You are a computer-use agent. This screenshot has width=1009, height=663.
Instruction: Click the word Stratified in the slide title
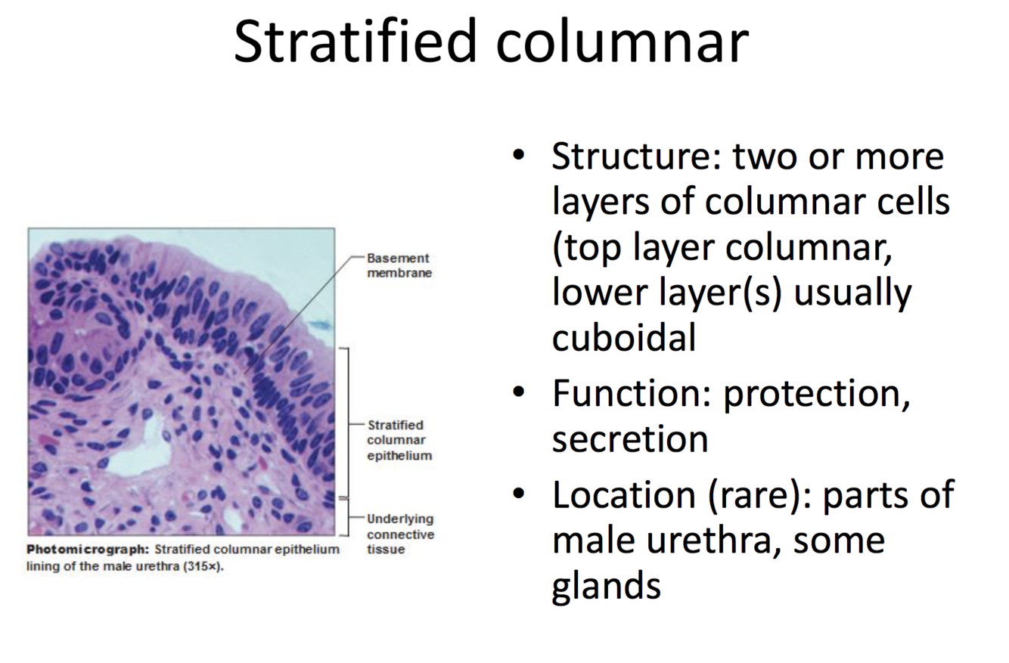coord(355,41)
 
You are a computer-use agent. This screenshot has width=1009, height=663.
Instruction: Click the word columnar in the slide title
coord(622,42)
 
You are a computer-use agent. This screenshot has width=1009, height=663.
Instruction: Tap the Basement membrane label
coord(399,265)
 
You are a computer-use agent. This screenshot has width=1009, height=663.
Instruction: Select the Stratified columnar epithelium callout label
coord(399,440)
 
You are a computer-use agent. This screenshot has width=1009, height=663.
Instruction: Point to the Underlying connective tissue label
coord(400,534)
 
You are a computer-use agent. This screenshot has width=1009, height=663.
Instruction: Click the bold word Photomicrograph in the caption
coord(88,549)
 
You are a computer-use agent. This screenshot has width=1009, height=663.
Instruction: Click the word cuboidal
coord(624,337)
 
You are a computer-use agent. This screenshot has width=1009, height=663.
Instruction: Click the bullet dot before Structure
coord(518,155)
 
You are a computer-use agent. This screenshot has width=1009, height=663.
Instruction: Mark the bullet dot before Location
coord(518,494)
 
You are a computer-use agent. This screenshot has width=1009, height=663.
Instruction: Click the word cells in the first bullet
coord(914,201)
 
